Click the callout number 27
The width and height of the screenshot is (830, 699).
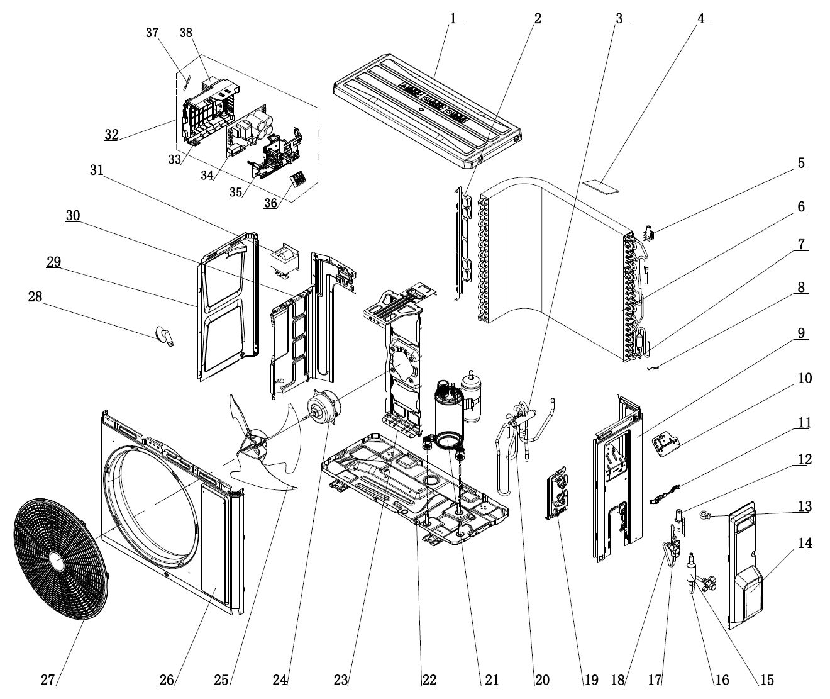pos(48,679)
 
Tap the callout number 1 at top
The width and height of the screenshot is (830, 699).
pos(453,18)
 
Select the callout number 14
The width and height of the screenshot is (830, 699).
pos(805,543)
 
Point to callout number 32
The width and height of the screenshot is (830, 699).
pos(111,134)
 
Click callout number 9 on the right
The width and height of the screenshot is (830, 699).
pos(802,333)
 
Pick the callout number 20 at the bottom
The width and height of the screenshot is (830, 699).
pos(542,679)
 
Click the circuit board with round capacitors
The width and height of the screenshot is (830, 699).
pos(252,131)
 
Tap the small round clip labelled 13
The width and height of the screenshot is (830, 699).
pos(706,517)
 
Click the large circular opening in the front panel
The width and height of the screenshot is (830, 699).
pos(151,503)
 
